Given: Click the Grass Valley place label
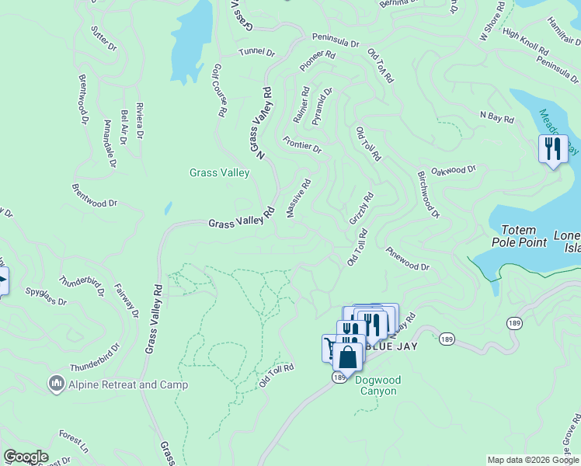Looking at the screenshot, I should click(x=220, y=172).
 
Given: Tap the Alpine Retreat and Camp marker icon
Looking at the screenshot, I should click(x=56, y=383).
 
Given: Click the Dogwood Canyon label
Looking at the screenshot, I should click(x=376, y=385).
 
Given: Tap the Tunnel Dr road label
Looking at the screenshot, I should click(x=257, y=52).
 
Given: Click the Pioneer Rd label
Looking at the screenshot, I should click(x=318, y=61).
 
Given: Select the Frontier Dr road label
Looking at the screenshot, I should click(x=302, y=144).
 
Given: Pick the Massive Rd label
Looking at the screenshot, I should click(x=300, y=198).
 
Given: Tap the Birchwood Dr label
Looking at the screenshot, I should click(x=429, y=194).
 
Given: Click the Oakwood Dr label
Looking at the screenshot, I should click(x=454, y=170).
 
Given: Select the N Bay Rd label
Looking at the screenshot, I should click(x=497, y=117).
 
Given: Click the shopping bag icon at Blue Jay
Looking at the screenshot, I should click(x=348, y=357).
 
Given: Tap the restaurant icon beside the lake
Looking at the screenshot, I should click(x=552, y=148).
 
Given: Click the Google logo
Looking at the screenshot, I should click(x=26, y=457).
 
